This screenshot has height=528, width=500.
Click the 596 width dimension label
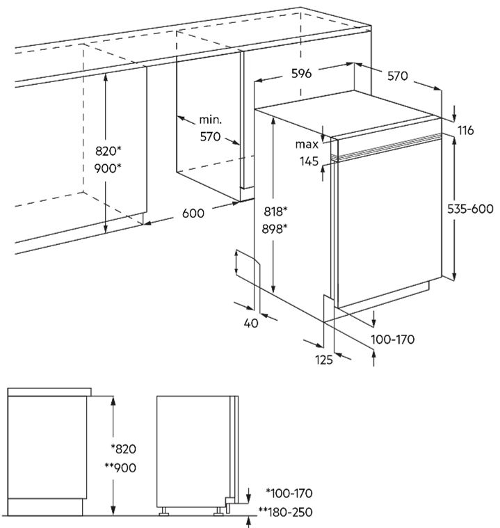(x=301, y=74)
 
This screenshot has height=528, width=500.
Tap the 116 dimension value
(x=466, y=130)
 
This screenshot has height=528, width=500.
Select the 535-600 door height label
(x=470, y=209)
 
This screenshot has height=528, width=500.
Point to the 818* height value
(x=275, y=211)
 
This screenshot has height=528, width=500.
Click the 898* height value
(x=275, y=229)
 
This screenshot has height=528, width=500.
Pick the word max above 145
(x=307, y=145)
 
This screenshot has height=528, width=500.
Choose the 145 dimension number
(x=309, y=161)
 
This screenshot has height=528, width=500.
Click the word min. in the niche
(x=211, y=120)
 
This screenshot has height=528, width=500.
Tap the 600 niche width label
(x=193, y=213)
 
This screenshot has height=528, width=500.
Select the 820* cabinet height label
(x=108, y=151)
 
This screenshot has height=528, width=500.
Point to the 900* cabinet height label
(x=108, y=168)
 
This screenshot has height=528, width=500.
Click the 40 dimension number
(x=251, y=323)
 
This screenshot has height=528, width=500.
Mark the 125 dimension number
(x=324, y=360)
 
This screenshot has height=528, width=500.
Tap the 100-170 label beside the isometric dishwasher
(x=393, y=339)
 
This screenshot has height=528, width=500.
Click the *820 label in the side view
(x=124, y=449)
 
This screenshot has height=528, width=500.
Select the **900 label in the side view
(x=120, y=467)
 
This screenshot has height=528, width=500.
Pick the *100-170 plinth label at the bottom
(x=289, y=493)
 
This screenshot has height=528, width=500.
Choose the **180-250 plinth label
(x=285, y=512)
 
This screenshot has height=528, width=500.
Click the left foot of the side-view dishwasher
(x=164, y=511)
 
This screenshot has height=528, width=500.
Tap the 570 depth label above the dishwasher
(x=397, y=76)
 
